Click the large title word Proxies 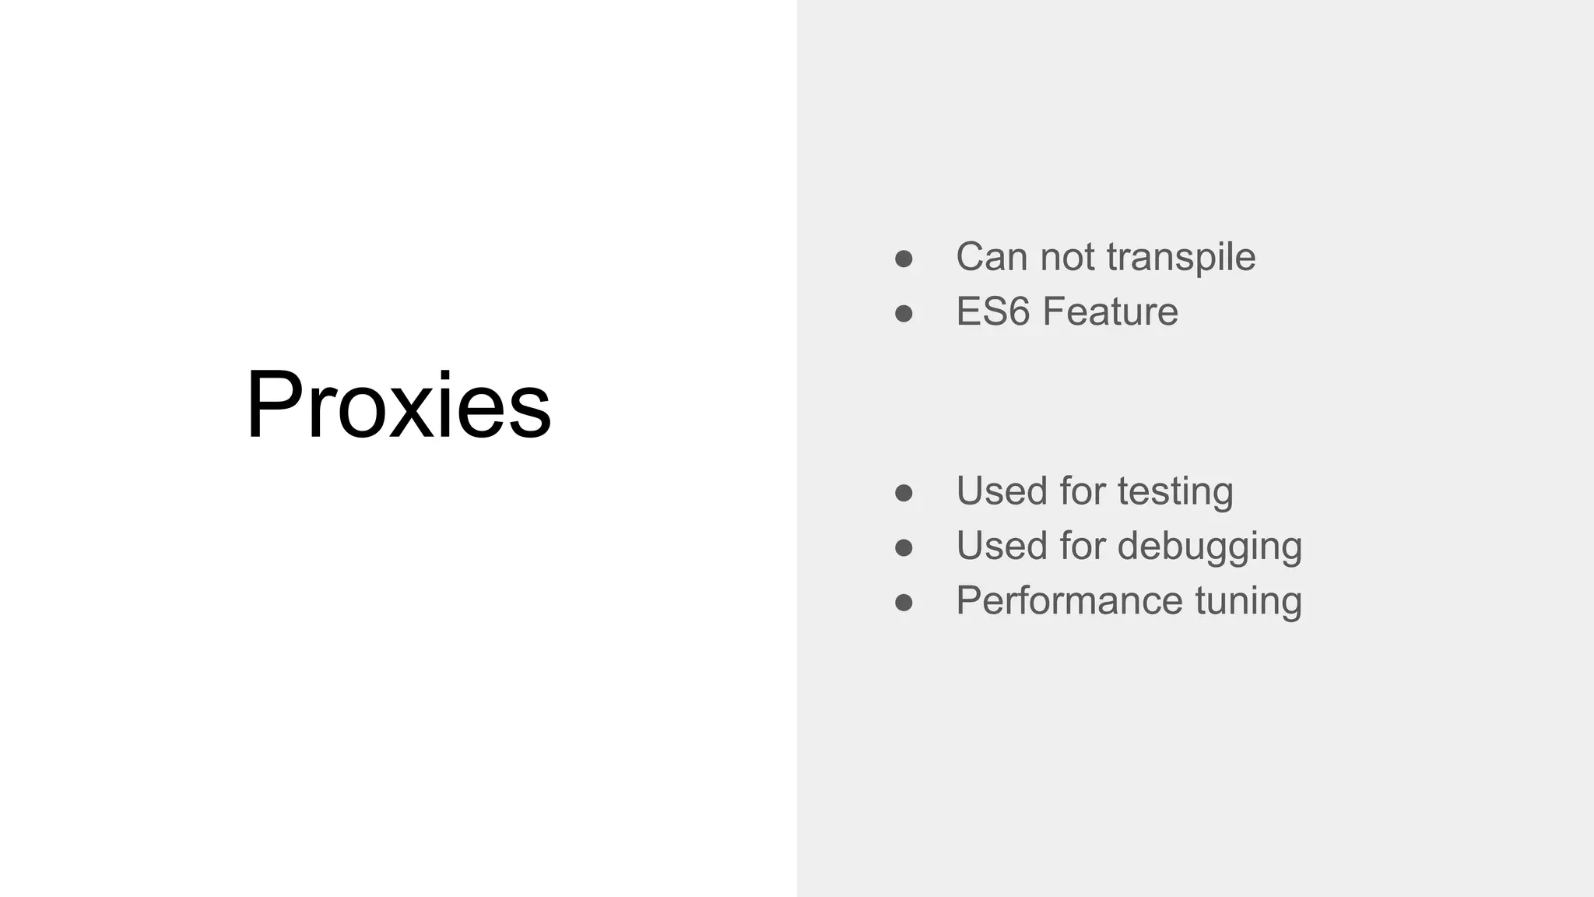(398, 405)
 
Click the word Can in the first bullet (992, 257)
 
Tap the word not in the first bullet (1067, 257)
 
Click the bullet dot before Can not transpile (904, 259)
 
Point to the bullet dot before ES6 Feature (904, 313)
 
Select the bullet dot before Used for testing (904, 493)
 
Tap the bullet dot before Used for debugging (904, 547)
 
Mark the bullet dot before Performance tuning (904, 602)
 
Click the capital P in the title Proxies (272, 405)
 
